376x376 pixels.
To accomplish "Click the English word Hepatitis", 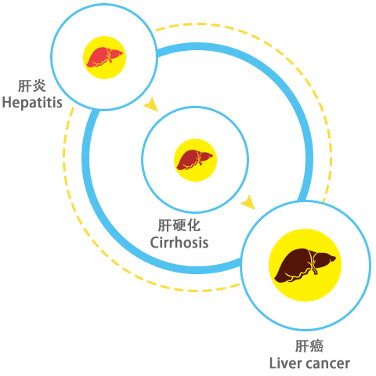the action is [32, 103].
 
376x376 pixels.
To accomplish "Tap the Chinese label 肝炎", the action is [32, 86].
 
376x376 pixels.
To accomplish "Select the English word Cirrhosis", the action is [179, 243].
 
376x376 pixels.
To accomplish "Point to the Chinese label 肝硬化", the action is [179, 226].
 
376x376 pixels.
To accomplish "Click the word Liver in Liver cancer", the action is [285, 363].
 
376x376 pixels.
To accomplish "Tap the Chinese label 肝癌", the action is [309, 346].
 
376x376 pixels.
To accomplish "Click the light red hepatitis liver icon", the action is [104, 57].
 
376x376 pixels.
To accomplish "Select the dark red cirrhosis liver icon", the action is [195, 160].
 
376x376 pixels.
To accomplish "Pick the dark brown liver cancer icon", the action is [305, 266].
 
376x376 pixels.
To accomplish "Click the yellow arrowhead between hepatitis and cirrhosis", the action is [151, 105].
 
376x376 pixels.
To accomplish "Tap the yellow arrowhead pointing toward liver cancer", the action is [248, 202].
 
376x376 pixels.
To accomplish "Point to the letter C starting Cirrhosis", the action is [154, 243].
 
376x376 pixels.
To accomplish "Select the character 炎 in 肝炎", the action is [39, 86].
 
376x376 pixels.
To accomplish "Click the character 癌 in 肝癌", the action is [316, 346].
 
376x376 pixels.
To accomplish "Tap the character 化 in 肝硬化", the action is [193, 226].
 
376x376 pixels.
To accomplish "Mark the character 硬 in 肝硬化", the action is [179, 226].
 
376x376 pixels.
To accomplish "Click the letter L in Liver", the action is [273, 363].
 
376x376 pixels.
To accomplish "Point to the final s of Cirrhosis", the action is [204, 244].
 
